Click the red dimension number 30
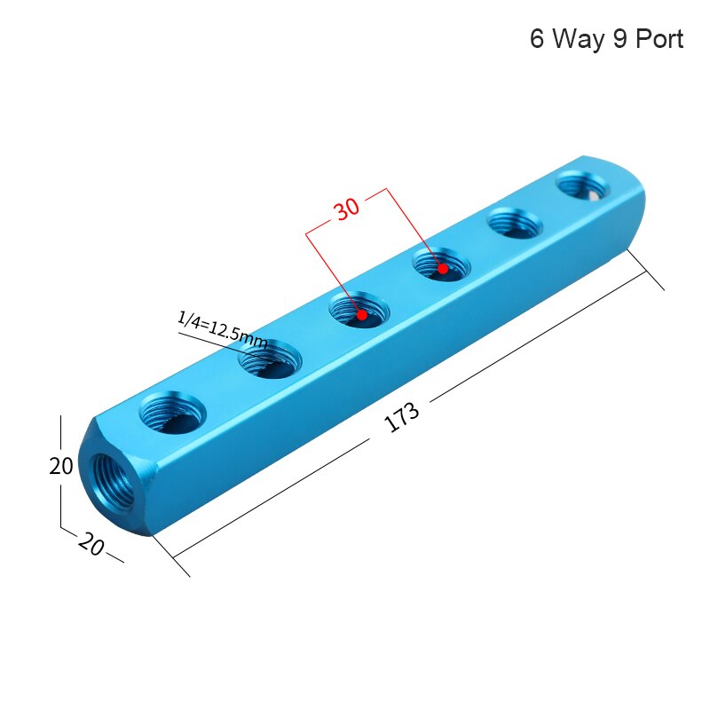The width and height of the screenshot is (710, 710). pos(346,209)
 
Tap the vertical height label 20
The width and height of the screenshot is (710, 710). pos(61,466)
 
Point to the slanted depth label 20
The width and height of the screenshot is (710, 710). pos(91,543)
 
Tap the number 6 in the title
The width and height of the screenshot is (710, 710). pos(537,40)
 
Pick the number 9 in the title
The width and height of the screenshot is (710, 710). pos(619,40)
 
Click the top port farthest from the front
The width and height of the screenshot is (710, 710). pos(583,187)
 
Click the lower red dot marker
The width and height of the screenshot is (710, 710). pos(362,314)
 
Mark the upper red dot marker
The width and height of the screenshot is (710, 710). pos(442,267)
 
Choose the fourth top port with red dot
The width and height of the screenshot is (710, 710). pos(440,264)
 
